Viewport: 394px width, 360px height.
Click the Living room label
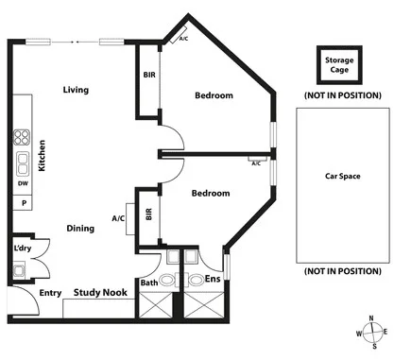[x=76, y=91]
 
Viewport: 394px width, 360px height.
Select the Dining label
[x=79, y=228]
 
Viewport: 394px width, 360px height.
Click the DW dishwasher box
[x=22, y=183]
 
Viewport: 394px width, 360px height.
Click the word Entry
[x=50, y=293]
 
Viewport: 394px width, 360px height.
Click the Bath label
[x=149, y=283]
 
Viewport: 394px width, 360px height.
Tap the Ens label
[x=214, y=281]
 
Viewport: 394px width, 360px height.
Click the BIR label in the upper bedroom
[x=149, y=75]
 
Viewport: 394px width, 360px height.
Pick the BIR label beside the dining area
[x=148, y=214]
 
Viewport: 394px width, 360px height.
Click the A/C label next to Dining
[x=118, y=218]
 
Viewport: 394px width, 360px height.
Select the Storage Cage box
[x=339, y=65]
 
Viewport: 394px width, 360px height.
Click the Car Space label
[x=341, y=177]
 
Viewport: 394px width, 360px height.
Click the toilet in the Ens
[x=195, y=281]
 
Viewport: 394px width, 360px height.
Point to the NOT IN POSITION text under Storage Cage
[x=341, y=96]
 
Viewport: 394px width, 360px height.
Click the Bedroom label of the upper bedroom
[x=214, y=95]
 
